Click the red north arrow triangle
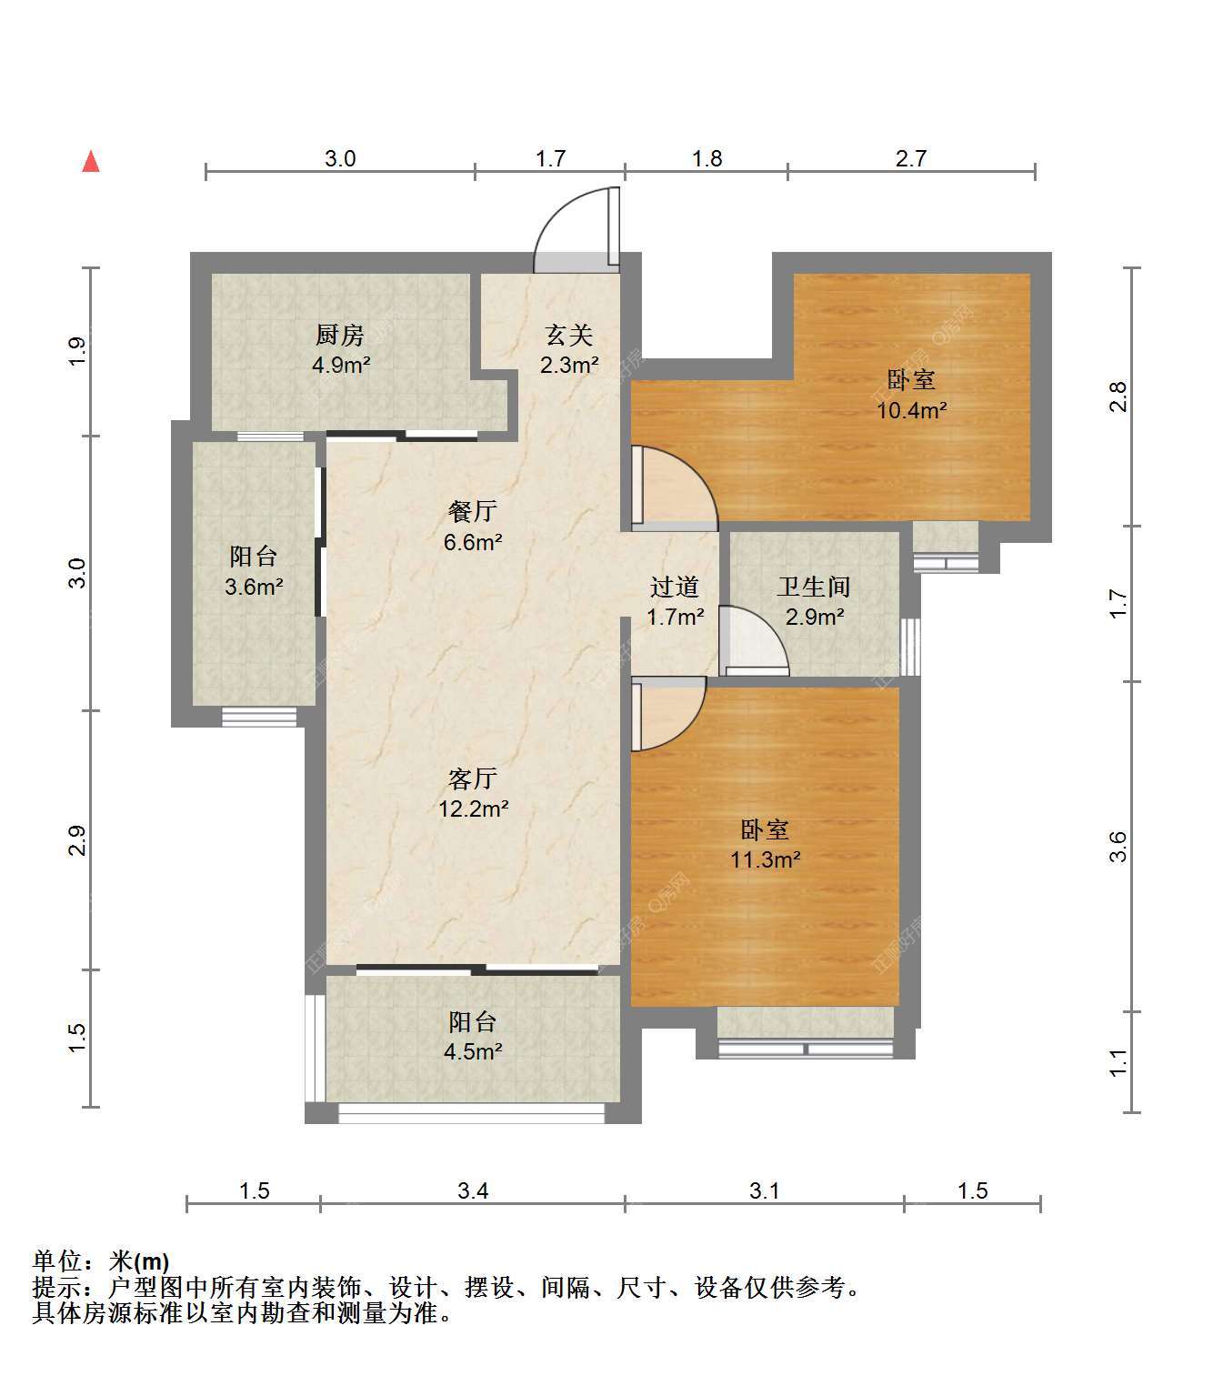(91, 162)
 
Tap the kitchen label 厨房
(340, 335)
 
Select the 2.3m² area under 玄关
(569, 365)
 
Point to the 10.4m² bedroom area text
(911, 410)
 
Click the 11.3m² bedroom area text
(766, 859)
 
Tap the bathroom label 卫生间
(814, 587)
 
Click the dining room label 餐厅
(473, 511)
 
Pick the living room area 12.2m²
(474, 809)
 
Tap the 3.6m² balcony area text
(254, 586)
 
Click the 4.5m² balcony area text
(473, 1051)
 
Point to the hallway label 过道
(675, 587)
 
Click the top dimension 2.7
(910, 158)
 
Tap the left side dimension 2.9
(77, 840)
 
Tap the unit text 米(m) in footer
(138, 1261)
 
